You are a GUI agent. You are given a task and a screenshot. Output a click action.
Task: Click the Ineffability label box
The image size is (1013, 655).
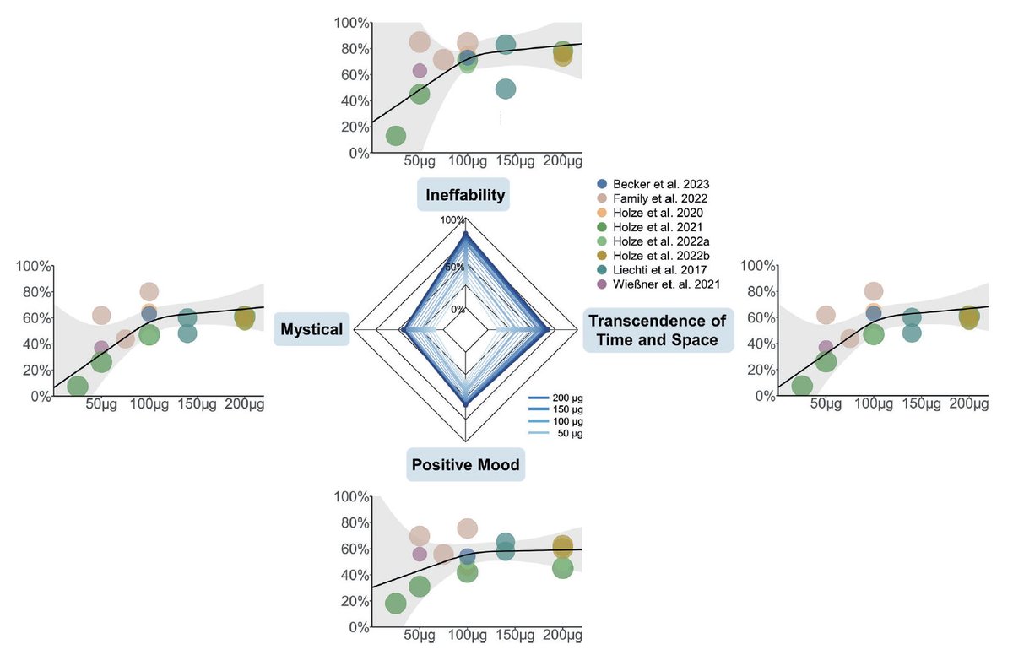[x=465, y=195]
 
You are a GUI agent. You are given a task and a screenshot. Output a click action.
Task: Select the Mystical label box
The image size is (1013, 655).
[x=311, y=330]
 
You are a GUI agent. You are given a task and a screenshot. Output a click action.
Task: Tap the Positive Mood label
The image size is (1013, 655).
[x=465, y=464]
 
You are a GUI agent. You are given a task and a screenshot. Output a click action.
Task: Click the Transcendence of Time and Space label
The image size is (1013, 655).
[x=658, y=330]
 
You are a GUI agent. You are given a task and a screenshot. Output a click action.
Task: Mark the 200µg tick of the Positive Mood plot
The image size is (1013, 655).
[x=561, y=636]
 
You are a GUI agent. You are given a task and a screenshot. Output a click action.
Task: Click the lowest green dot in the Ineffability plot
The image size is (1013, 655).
[x=395, y=135]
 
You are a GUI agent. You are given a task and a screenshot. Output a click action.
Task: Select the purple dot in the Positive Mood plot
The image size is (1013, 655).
[x=420, y=554]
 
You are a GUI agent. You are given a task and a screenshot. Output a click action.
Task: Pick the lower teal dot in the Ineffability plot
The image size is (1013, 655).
[x=506, y=89]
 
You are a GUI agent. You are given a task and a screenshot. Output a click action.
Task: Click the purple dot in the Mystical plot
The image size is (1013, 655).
[x=101, y=347]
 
